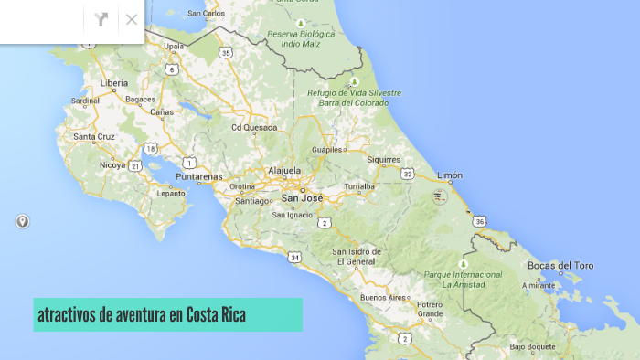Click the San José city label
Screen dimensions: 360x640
[x=301, y=196]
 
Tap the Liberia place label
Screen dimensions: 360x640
[x=113, y=82]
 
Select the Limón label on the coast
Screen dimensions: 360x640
[x=450, y=175]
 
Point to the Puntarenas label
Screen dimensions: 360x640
[x=200, y=176]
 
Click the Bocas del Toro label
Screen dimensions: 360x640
[x=560, y=266]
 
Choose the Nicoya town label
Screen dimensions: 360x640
[x=112, y=165]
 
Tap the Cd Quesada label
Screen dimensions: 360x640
[x=254, y=128]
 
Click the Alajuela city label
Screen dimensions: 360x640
[x=284, y=171]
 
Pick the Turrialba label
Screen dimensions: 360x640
[x=358, y=185]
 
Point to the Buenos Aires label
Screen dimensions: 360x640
[x=383, y=298]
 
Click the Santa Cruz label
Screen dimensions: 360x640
[x=94, y=137]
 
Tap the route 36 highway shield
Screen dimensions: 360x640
[x=480, y=221]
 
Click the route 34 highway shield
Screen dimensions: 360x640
[x=294, y=257]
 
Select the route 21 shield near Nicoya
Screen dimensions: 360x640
[x=134, y=165]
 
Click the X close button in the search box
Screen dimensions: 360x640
[x=132, y=19]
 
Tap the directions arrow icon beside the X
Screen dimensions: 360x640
[x=101, y=19]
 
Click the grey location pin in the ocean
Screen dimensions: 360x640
[x=22, y=221]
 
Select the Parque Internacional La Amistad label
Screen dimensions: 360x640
[x=463, y=279]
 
